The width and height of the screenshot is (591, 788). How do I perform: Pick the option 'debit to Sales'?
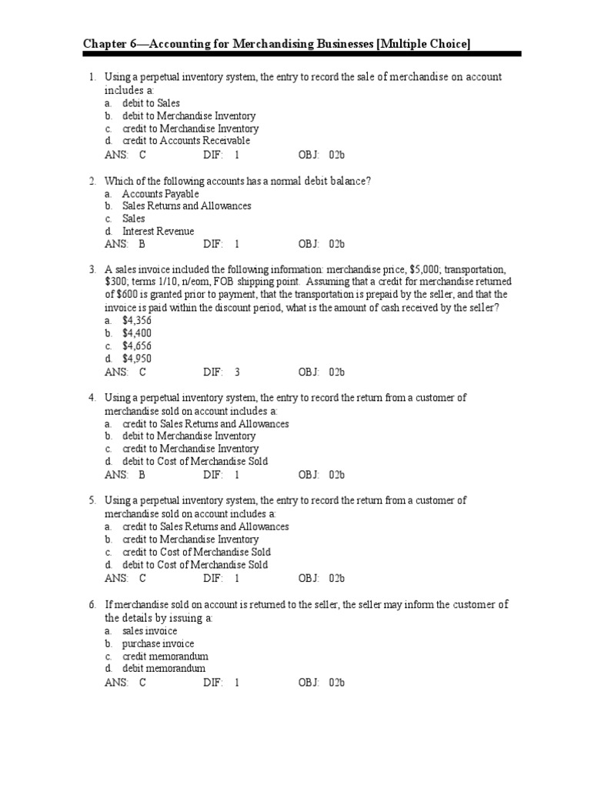point(151,103)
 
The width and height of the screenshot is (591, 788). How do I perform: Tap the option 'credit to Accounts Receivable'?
point(185,141)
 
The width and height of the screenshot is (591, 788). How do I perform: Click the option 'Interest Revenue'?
point(158,232)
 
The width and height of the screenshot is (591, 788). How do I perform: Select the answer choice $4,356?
point(137,321)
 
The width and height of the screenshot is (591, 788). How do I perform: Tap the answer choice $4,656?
point(137,346)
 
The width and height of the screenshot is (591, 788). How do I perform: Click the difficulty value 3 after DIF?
point(237,372)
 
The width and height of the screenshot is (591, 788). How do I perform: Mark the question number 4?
point(91,398)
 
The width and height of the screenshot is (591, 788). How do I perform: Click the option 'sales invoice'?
point(149,631)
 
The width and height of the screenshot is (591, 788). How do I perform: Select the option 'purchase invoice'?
point(158,643)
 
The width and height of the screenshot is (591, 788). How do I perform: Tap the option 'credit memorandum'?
point(165,656)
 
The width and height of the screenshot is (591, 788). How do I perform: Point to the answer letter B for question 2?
point(142,245)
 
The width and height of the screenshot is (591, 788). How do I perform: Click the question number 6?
point(91,605)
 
